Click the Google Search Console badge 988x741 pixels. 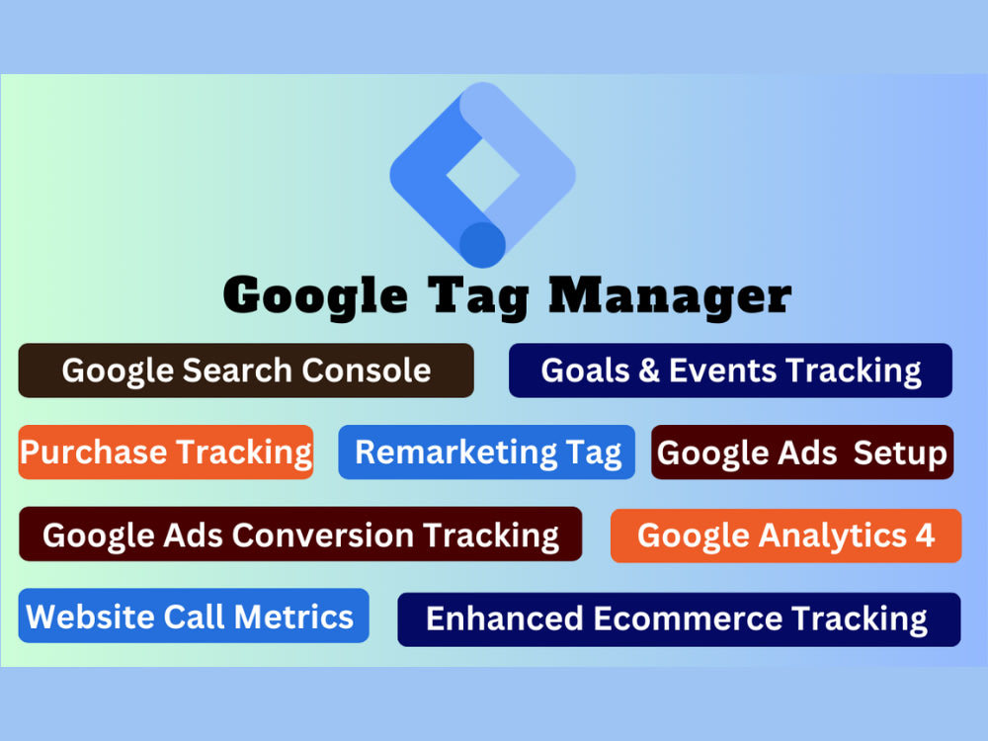[246, 370]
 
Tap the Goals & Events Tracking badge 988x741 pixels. [730, 370]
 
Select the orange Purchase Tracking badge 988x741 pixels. [166, 453]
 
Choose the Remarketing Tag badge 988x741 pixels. [487, 453]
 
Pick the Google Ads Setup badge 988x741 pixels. [802, 453]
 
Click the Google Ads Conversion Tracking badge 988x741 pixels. [300, 535]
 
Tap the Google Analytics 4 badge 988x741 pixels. [785, 535]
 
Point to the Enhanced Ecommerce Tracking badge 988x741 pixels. [679, 619]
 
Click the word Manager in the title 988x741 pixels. [670, 294]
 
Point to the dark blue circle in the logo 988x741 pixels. [483, 244]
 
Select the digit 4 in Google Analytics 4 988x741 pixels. [924, 535]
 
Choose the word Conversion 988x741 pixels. [322, 535]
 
